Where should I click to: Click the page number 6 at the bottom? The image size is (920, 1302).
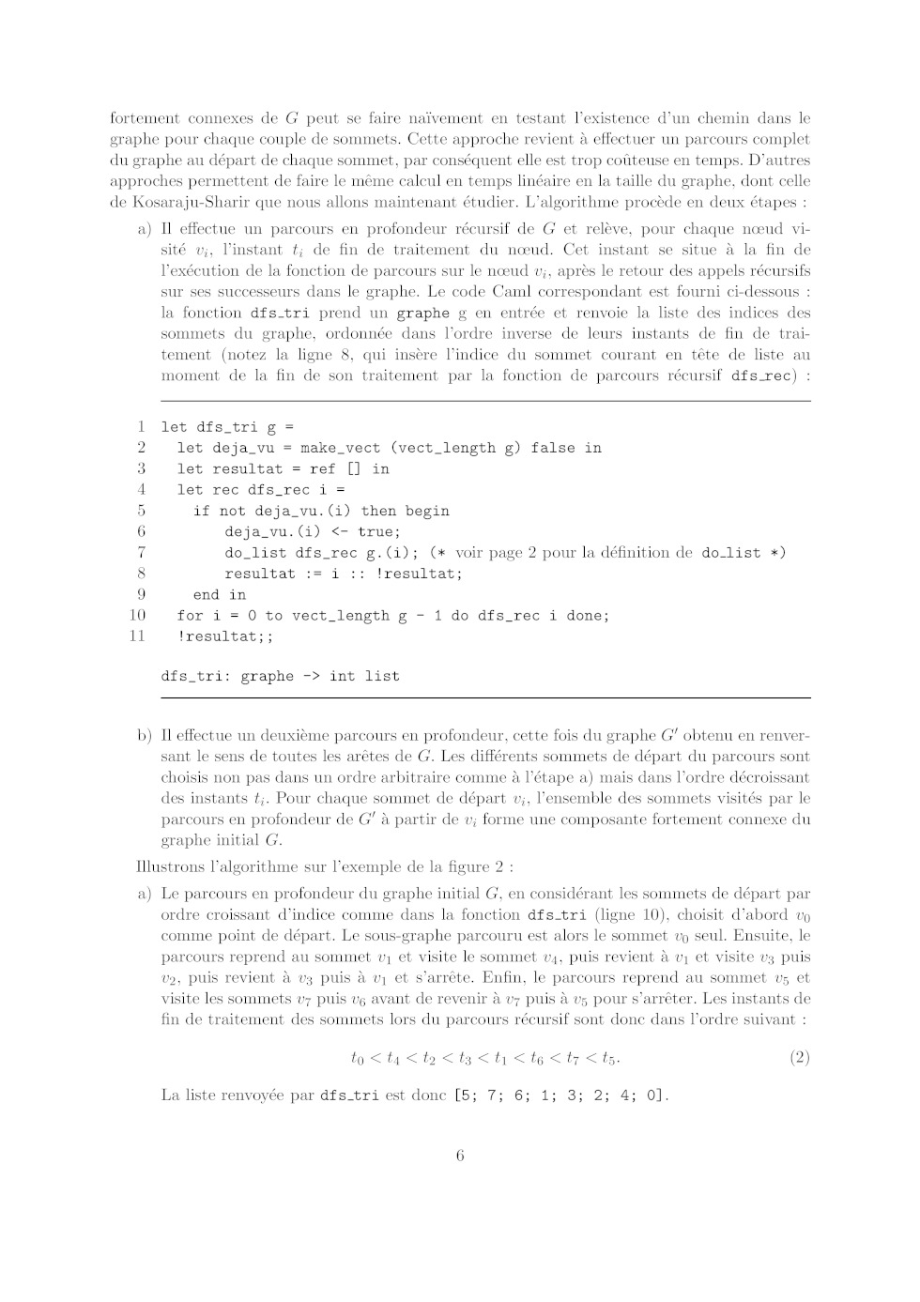point(460,1156)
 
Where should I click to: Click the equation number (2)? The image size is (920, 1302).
point(799,1058)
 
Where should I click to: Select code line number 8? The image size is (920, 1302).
point(141,574)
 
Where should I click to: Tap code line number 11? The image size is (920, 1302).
point(137,636)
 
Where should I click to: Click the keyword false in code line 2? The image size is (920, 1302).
point(552,448)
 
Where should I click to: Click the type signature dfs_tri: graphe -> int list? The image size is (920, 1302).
point(280,676)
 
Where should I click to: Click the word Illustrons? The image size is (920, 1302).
point(176,866)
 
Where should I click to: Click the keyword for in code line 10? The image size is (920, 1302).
point(189,616)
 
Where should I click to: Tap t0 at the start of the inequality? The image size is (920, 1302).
point(357,1059)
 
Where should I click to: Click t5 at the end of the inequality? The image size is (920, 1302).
point(609,1059)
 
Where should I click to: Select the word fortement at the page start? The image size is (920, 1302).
point(145,118)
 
